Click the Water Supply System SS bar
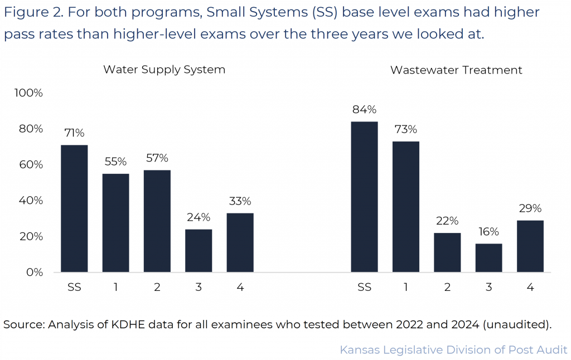[74, 208]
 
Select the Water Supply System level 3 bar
[199, 251]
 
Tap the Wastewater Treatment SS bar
[364, 197]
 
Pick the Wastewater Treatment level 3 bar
[488, 258]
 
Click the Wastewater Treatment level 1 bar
[405, 207]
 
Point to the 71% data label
[74, 133]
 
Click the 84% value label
[364, 109]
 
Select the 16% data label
[488, 232]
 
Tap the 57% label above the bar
[157, 158]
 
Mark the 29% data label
[530, 208]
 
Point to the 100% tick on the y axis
[28, 93]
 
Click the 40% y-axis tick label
[31, 201]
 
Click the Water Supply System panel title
[164, 70]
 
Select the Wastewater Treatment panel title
[456, 70]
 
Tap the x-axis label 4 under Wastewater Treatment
[530, 288]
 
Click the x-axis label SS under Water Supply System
[74, 288]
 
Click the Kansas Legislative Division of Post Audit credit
[453, 350]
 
